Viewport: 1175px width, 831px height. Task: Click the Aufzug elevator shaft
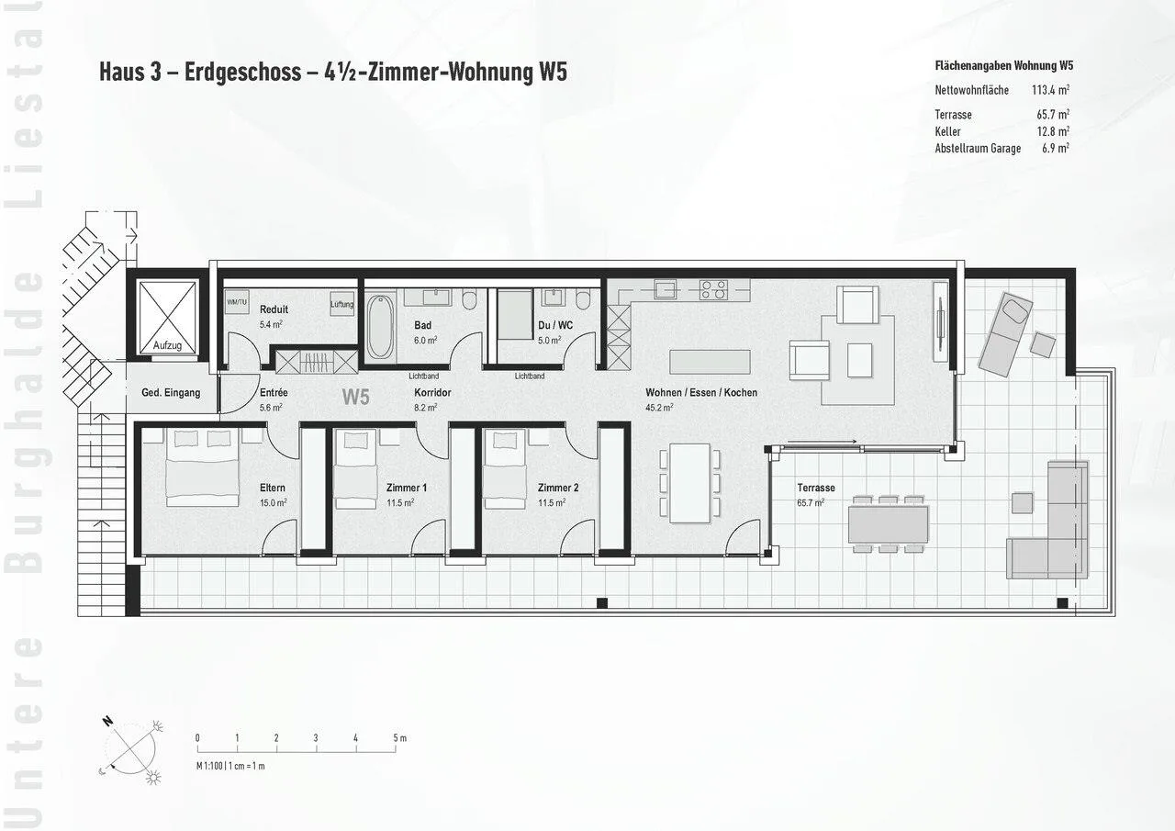tap(167, 318)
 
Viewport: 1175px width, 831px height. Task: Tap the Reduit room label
tap(274, 309)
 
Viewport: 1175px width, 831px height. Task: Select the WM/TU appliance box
tap(237, 302)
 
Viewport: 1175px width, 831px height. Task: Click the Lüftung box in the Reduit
tap(341, 304)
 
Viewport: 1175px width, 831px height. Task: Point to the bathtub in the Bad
tap(380, 327)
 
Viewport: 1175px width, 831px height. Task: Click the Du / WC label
tap(555, 325)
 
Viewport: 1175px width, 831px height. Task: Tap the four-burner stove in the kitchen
tap(714, 289)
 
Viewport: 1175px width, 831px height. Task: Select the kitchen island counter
tap(711, 362)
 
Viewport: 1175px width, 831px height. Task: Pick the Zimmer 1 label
tap(407, 488)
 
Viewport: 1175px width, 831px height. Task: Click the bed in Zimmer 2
tap(505, 469)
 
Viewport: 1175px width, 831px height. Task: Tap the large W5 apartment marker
tap(355, 398)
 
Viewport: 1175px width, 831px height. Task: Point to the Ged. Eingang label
tap(171, 392)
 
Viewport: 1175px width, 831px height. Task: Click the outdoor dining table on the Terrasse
tap(889, 524)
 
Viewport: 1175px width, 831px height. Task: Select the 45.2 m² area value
tap(659, 407)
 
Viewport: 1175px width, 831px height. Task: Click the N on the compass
tap(108, 722)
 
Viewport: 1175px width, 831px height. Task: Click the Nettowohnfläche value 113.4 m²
tap(1051, 90)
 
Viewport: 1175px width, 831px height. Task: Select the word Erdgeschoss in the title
tap(243, 72)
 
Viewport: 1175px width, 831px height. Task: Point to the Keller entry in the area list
tap(948, 131)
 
